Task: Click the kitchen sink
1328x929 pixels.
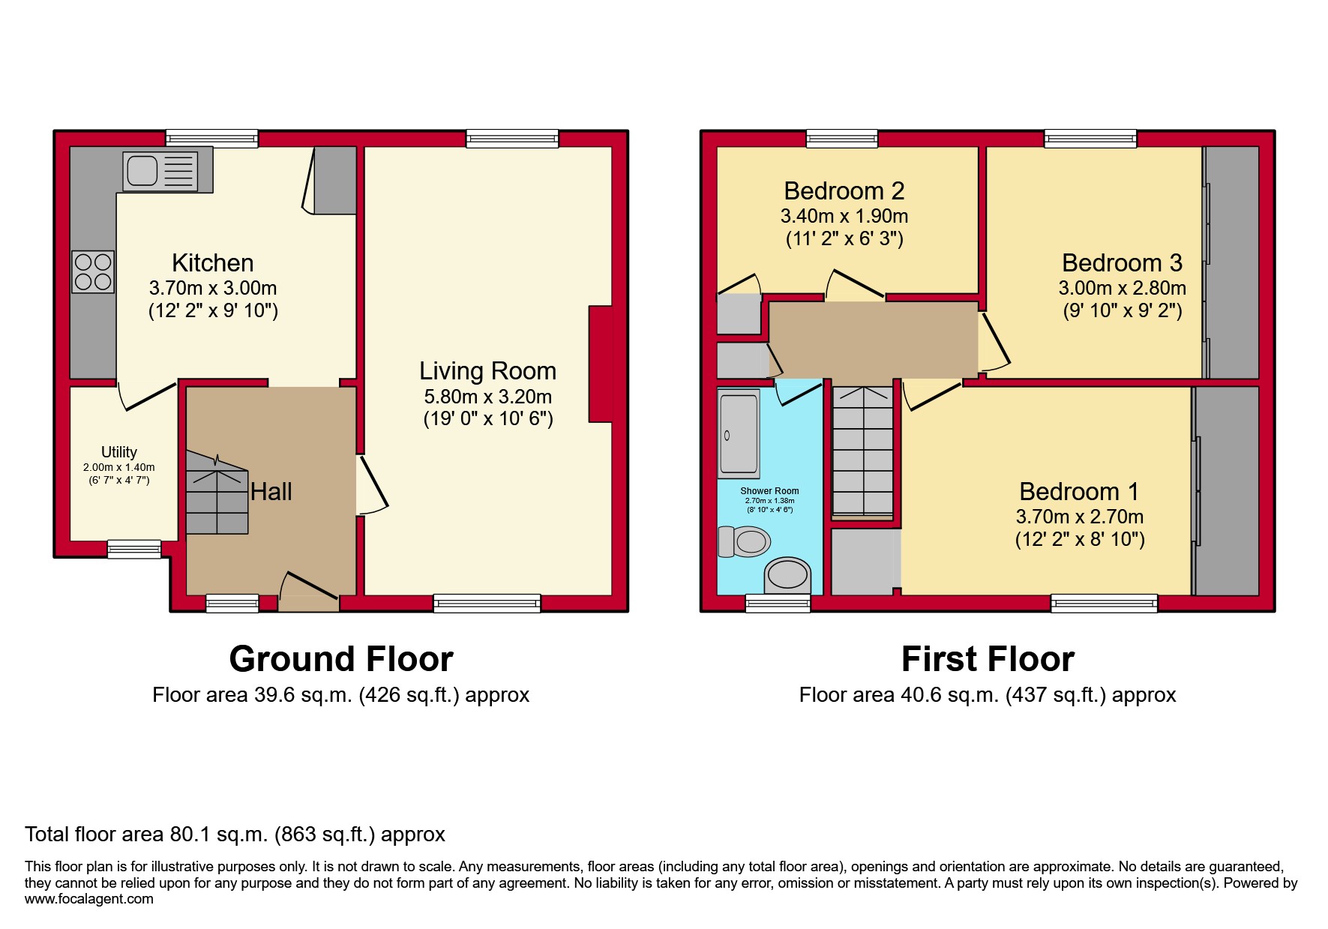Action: click(x=160, y=171)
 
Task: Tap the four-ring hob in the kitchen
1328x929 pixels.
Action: click(x=93, y=271)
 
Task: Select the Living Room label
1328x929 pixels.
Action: click(x=487, y=371)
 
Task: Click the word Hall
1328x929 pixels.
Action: click(x=271, y=492)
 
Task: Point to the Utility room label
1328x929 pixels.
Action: click(x=119, y=452)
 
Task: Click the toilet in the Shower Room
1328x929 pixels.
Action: click(x=745, y=541)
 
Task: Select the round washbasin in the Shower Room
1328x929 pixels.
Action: click(x=787, y=576)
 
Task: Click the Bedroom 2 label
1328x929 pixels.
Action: click(x=844, y=191)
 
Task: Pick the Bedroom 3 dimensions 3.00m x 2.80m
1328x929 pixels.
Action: click(x=1122, y=288)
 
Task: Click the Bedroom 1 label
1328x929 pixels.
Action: click(x=1078, y=492)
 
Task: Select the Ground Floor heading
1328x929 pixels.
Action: click(x=341, y=659)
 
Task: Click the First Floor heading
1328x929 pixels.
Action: click(x=988, y=659)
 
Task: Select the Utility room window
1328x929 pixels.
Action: click(x=134, y=549)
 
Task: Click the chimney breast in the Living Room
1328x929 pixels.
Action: click(x=601, y=364)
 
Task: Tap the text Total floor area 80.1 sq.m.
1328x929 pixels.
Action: click(x=235, y=835)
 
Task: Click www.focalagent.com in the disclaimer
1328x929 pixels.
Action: click(x=88, y=899)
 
